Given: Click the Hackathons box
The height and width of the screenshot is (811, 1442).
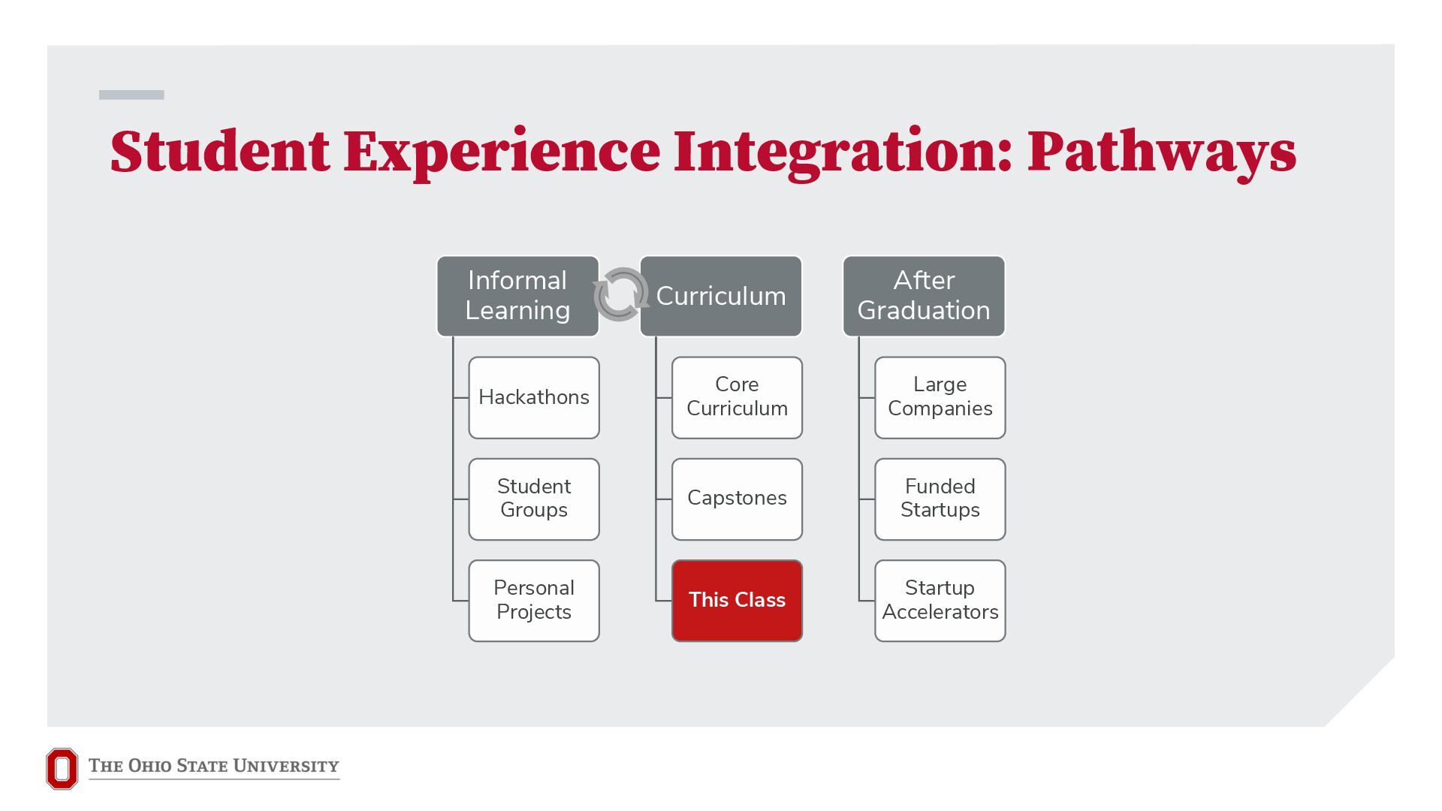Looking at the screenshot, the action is [x=534, y=398].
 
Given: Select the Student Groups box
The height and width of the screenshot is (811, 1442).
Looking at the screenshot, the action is [x=534, y=499].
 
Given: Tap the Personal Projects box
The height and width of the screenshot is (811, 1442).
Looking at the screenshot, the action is [x=534, y=601].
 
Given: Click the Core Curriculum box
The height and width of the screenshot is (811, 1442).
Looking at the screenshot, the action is [x=737, y=398].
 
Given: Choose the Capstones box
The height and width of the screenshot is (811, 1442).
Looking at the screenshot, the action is [x=737, y=499].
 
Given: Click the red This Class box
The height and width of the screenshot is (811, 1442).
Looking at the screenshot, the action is [x=737, y=601].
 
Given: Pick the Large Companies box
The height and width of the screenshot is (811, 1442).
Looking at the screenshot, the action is [x=940, y=398].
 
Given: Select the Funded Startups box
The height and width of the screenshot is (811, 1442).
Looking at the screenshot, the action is [x=940, y=499].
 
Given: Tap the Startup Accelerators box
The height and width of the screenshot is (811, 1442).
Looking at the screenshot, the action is [x=940, y=601].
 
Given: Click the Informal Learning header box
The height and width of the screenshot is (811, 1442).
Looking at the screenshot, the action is [x=517, y=296].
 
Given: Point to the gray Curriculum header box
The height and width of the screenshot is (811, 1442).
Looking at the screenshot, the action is [x=721, y=296].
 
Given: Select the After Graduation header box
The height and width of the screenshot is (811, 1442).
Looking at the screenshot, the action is [x=924, y=296].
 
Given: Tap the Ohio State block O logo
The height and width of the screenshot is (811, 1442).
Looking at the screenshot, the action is [x=62, y=768].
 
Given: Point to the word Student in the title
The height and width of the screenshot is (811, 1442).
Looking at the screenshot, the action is [x=219, y=152].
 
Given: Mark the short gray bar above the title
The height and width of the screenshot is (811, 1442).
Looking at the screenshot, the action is [x=131, y=95].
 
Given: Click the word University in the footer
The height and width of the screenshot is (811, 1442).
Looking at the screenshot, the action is [x=286, y=766].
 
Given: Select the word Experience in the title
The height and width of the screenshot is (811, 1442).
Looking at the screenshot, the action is [x=502, y=155].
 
